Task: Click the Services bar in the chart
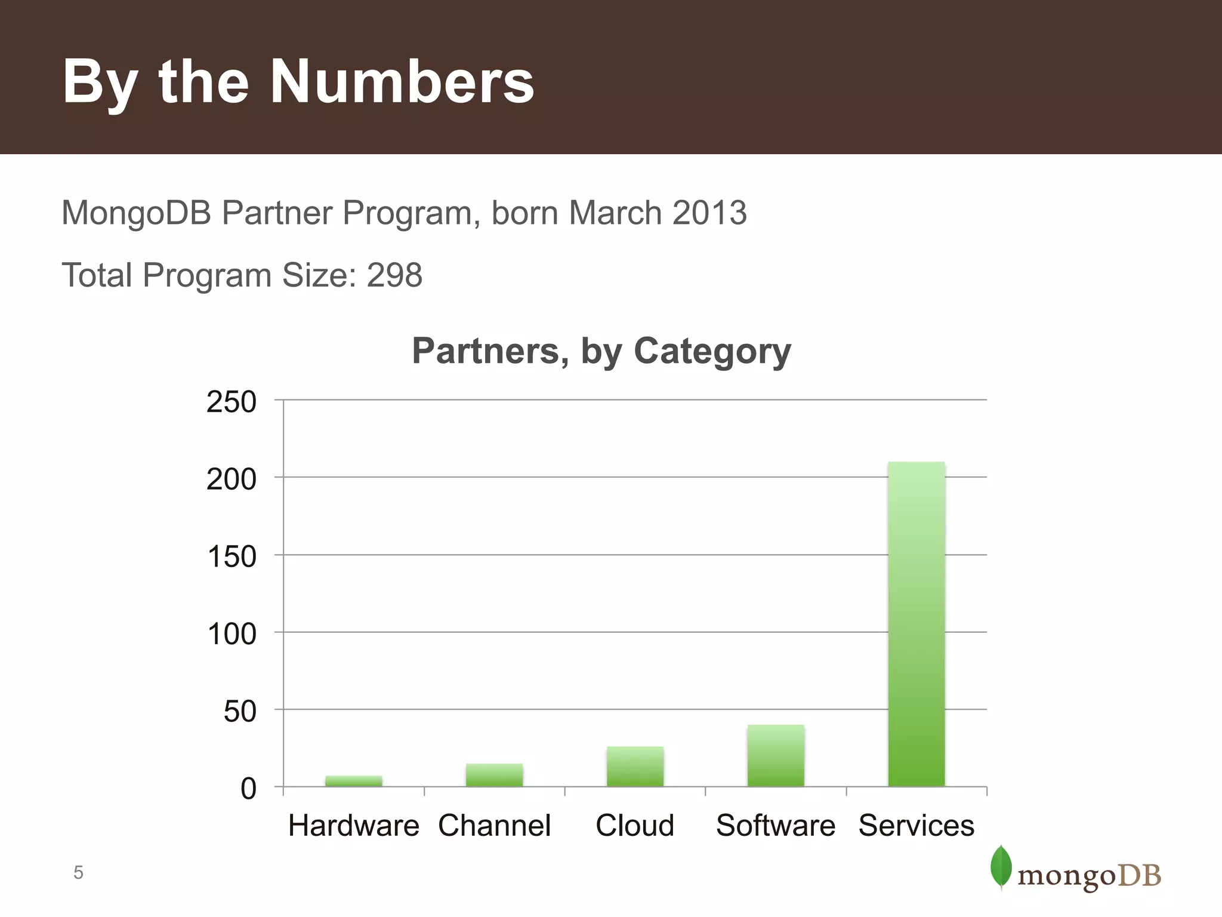tap(916, 624)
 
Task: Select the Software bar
tap(776, 756)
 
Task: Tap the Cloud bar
tap(635, 767)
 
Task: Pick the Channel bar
tap(494, 775)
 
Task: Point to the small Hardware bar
tap(354, 781)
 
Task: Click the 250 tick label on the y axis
tap(232, 402)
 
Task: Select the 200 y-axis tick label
tap(232, 479)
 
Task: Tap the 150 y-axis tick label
tap(232, 556)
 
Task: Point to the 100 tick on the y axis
tap(232, 634)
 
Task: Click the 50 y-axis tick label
tap(240, 711)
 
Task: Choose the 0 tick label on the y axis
tap(248, 789)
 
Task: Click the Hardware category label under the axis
tap(354, 826)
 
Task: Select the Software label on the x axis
tap(776, 826)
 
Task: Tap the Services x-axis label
tap(916, 826)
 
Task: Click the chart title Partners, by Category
tap(601, 351)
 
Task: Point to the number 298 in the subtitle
tap(394, 275)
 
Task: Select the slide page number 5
tap(78, 873)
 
